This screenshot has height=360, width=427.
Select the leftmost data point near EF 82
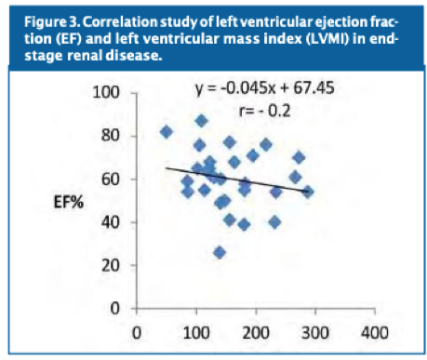[x=167, y=132]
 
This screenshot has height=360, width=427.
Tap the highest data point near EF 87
[x=201, y=121]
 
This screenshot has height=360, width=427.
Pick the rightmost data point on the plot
[x=308, y=192]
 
